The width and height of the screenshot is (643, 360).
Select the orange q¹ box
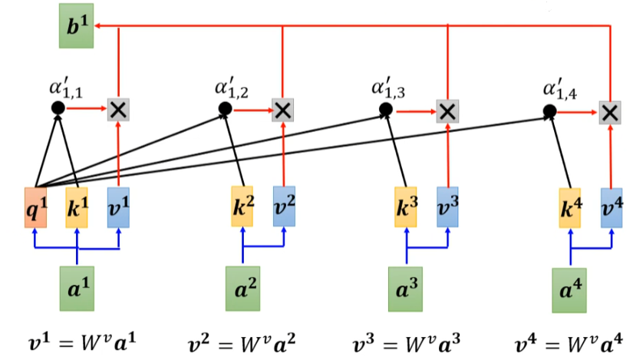[35, 206]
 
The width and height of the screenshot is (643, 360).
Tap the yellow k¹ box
[77, 206]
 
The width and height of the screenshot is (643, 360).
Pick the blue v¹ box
[118, 206]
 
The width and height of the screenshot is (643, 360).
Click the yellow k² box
[242, 206]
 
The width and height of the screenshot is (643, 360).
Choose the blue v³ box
[447, 206]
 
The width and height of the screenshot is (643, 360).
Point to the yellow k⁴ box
[570, 206]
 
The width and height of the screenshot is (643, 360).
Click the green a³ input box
[406, 288]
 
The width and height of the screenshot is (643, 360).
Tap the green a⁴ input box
[570, 287]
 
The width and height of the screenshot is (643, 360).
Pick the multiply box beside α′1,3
[447, 111]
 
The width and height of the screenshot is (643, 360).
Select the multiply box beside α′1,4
[611, 112]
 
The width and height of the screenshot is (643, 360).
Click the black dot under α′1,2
[225, 109]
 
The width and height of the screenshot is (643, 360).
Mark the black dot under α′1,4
[550, 112]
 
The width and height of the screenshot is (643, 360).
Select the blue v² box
[284, 206]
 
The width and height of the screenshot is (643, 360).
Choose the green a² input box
[242, 288]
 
